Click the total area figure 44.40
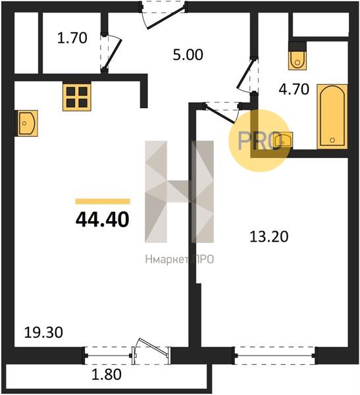[102, 219]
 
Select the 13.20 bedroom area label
[269, 237]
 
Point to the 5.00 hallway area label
[188, 55]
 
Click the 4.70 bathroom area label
[294, 89]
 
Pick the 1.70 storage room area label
[72, 38]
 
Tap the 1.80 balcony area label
[106, 375]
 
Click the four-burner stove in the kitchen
[77, 97]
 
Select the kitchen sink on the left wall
[28, 124]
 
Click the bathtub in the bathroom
[332, 117]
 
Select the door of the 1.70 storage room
[112, 53]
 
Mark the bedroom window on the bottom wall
[274, 355]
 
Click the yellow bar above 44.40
[103, 201]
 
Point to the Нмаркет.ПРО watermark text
[180, 259]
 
